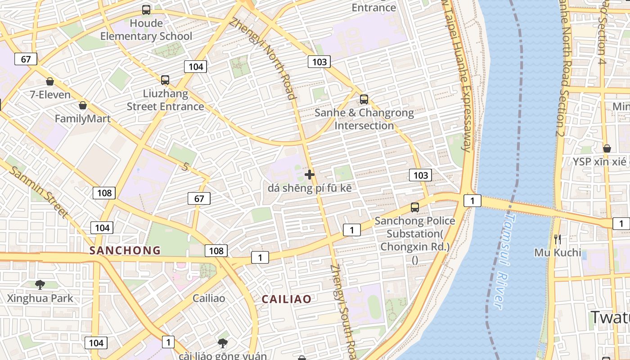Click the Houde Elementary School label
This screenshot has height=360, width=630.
[x=146, y=30]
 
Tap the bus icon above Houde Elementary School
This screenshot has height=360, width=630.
[x=146, y=9]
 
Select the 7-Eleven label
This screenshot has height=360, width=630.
[x=50, y=94]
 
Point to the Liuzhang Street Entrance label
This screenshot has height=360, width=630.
[x=165, y=100]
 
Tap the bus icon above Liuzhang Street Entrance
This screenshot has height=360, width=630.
[x=165, y=80]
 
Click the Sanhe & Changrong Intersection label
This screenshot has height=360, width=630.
[x=364, y=119]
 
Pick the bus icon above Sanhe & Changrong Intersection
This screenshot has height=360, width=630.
[x=364, y=99]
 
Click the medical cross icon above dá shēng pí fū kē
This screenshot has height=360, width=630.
[x=310, y=174]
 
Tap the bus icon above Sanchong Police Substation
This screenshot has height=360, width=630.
[x=415, y=207]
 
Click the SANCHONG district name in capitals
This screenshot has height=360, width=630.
[x=125, y=251]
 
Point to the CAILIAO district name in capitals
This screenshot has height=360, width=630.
[x=287, y=299]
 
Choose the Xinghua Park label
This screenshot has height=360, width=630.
[x=40, y=298]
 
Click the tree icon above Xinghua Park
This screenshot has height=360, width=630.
[x=40, y=284]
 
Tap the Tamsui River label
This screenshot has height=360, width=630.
[x=504, y=261]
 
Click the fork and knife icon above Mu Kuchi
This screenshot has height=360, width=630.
[x=558, y=239]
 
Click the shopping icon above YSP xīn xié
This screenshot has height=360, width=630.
[x=607, y=148]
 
